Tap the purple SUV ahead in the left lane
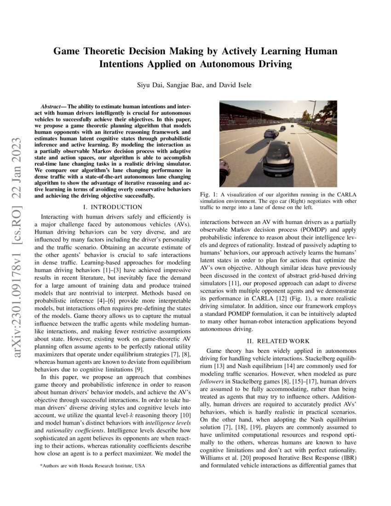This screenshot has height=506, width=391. coord(271,133)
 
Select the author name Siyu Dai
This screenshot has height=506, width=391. coord(150,85)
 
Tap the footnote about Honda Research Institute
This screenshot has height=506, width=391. coord(92,466)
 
